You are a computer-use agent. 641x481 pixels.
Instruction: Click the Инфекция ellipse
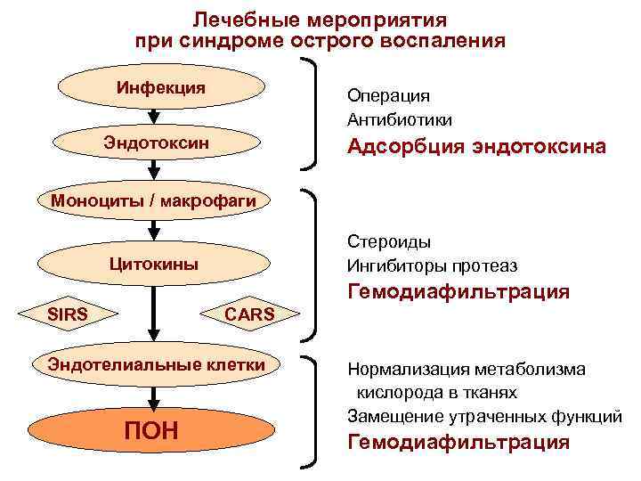pyautogui.click(x=161, y=88)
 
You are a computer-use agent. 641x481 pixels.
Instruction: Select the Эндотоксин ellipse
pyautogui.click(x=157, y=143)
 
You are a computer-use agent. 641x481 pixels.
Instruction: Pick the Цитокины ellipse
pyautogui.click(x=153, y=265)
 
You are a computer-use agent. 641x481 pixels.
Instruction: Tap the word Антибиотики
pyautogui.click(x=400, y=119)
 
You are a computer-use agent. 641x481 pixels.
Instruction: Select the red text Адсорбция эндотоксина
pyautogui.click(x=477, y=147)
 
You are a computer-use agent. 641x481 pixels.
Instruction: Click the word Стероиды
pyautogui.click(x=389, y=242)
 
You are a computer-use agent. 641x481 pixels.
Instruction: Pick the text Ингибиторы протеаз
pyautogui.click(x=432, y=266)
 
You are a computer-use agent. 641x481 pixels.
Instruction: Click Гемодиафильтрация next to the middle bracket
pyautogui.click(x=458, y=292)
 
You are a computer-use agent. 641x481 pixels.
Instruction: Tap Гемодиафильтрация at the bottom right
pyautogui.click(x=458, y=443)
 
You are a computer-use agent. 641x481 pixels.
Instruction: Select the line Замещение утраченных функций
pyautogui.click(x=484, y=416)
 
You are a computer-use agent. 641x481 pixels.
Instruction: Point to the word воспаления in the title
pyautogui.click(x=449, y=41)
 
